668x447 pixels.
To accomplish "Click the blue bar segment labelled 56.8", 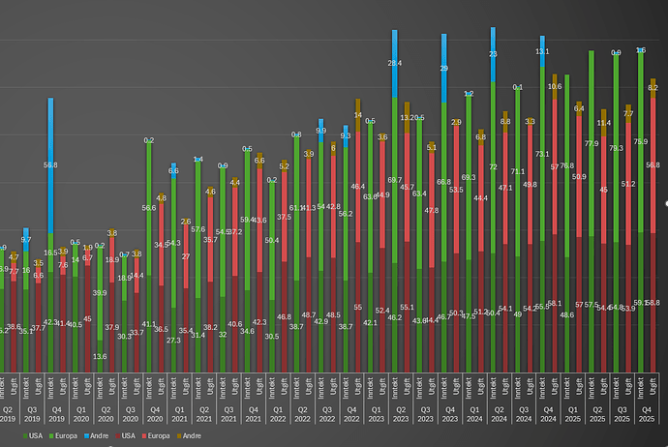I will coord(50,164).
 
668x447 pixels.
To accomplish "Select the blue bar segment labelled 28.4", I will coord(394,62).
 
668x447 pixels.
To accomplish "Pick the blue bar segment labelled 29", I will coord(443,69).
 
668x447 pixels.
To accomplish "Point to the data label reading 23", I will coord(493,54).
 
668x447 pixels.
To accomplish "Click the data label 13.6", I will coord(100,356).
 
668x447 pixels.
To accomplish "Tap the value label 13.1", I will coord(542,51).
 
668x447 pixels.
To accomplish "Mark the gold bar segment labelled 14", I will coord(358,114).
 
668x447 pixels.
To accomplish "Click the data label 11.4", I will coord(603,123).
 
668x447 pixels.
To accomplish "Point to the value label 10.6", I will coord(555,86).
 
